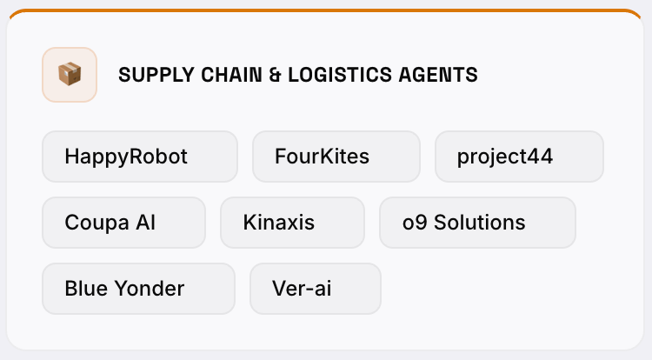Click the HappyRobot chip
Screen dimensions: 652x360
pos(139,157)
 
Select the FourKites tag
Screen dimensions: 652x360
pos(336,157)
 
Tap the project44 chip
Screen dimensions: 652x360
pos(519,157)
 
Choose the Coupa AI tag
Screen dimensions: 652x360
pos(123,223)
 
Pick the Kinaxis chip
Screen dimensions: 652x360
pos(292,223)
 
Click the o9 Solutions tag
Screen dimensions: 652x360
pos(477,223)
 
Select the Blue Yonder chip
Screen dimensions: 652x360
pos(138,289)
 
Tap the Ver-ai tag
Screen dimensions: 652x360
pos(315,289)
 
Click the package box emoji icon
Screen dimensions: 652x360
pos(70,75)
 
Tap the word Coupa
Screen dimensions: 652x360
pos(97,223)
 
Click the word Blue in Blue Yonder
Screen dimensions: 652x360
pos(84,289)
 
